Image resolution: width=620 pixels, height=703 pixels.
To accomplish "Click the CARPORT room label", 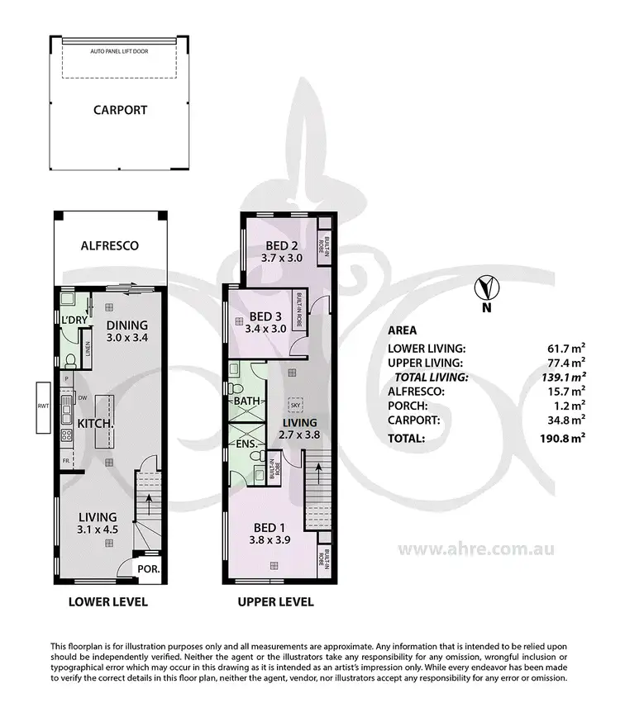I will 120,109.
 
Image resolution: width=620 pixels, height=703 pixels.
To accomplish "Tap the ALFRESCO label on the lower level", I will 109,245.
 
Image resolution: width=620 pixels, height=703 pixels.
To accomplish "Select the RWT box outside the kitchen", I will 41,406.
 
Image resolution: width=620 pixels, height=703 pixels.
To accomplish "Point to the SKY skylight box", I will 293,406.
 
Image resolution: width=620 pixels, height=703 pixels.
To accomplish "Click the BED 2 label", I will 282,245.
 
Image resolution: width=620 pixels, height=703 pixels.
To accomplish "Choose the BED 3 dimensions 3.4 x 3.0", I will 265,328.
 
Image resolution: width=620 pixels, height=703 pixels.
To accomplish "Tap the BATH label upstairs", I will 246,401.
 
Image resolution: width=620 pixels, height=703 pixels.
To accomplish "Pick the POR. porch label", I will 149,569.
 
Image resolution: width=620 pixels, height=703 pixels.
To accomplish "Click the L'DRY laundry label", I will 65,319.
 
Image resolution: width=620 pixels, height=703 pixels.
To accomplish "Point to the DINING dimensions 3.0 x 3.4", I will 126,337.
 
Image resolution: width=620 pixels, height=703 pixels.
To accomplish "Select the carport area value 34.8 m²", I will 565,420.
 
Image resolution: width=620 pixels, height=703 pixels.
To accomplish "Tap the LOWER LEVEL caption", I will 107,601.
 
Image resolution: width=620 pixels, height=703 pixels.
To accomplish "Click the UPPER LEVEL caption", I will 276,601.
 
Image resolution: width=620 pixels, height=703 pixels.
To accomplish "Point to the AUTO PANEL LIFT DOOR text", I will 121,51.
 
